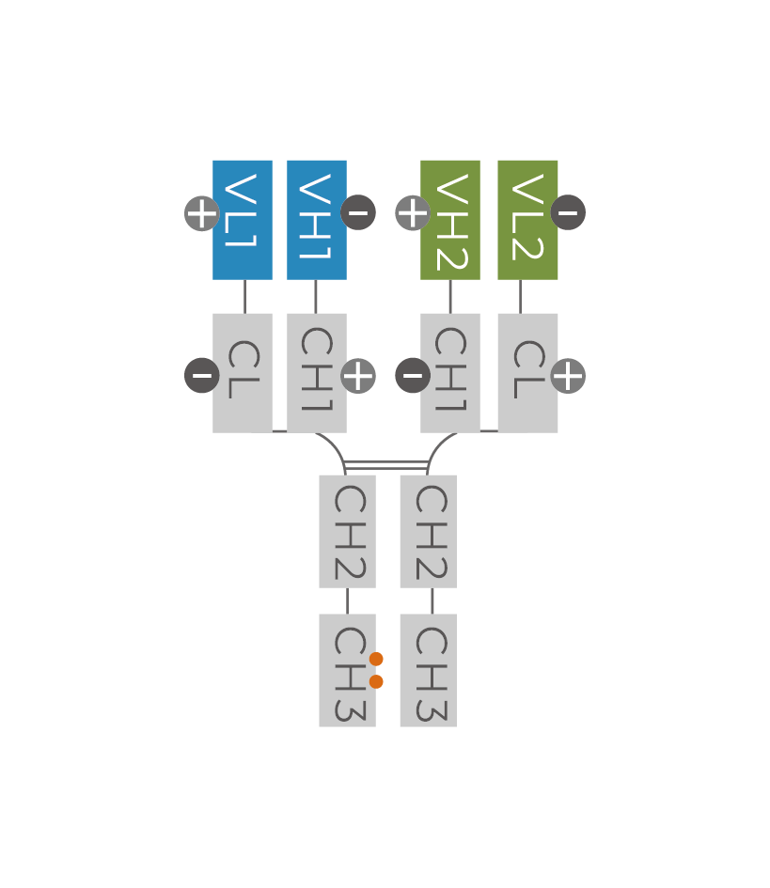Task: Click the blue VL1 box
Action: [243, 220]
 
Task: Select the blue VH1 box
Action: [317, 220]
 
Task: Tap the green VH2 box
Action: [450, 220]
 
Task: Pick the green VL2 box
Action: [527, 220]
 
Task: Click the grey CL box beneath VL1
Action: [243, 373]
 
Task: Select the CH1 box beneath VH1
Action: [317, 373]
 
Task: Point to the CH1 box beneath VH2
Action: [450, 373]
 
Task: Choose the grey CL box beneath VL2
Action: [527, 373]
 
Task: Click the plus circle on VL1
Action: [202, 213]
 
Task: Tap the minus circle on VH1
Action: [358, 212]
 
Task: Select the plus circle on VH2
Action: [413, 213]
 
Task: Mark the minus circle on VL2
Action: [568, 212]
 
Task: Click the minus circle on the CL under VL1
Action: [202, 376]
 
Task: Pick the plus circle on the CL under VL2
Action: [568, 376]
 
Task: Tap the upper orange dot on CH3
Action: [376, 660]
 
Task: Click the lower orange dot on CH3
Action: [376, 681]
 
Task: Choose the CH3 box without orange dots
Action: [428, 670]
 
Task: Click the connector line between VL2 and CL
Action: [520, 296]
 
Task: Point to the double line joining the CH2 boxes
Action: [386, 465]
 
